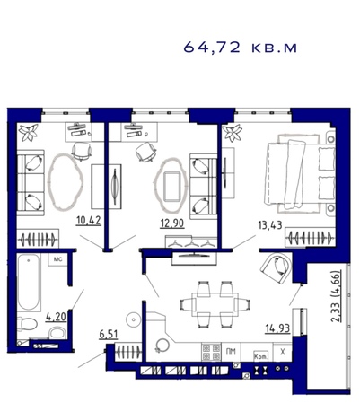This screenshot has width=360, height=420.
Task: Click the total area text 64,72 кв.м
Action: tap(240, 48)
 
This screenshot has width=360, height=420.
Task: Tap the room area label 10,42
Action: tap(89, 221)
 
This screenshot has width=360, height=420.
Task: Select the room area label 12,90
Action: tap(172, 223)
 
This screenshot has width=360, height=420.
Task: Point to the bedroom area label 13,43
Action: tap(270, 225)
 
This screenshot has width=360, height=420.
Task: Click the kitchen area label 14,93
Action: tap(277, 328)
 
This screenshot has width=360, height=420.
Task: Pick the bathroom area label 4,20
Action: tap(56, 317)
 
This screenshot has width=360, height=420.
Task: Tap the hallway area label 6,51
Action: tap(109, 335)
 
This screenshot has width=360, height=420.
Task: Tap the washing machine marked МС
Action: tap(57, 259)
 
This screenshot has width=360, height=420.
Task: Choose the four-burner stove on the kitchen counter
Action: tap(211, 352)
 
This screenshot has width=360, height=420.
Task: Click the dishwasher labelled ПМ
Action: tap(232, 352)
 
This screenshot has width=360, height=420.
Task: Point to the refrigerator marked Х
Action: tap(282, 352)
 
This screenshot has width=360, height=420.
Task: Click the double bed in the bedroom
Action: tap(300, 173)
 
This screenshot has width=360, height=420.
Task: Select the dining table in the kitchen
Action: tap(215, 304)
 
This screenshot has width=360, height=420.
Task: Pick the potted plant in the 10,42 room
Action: tap(28, 132)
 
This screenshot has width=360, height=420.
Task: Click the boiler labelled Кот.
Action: tap(260, 356)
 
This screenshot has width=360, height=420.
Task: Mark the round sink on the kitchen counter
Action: tap(162, 345)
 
